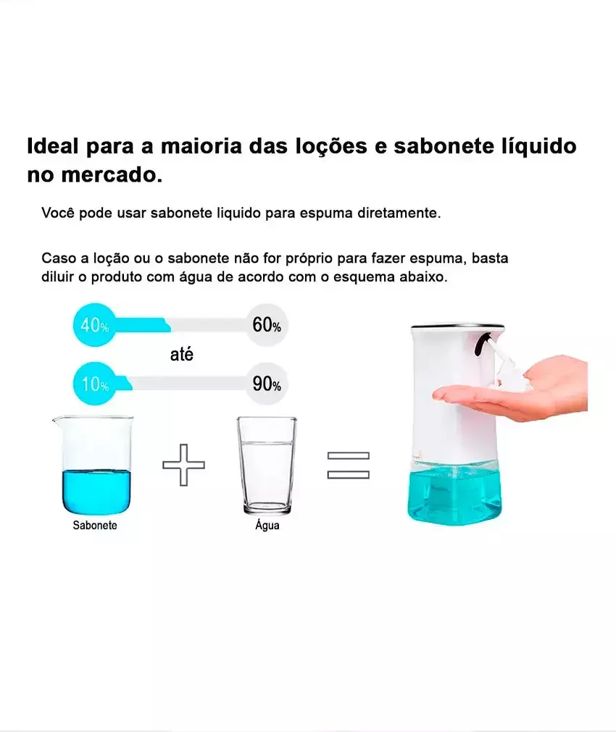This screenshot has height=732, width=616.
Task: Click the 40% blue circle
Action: pos(94,325)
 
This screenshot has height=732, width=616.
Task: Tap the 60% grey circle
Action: pos(267,325)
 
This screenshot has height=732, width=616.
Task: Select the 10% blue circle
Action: pos(94,384)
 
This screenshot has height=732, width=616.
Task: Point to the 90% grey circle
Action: pos(267,384)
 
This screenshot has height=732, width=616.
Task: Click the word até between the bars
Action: pos(181,354)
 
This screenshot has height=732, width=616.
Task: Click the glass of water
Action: pos(267,466)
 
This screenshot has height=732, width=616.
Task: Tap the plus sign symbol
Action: pos(183,465)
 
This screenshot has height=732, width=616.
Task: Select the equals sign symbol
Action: pos(348,466)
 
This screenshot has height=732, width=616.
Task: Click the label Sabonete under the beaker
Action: pos(95,525)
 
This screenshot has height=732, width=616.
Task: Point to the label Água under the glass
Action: pos(267,525)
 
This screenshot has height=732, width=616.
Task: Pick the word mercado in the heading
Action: pos(112,175)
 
